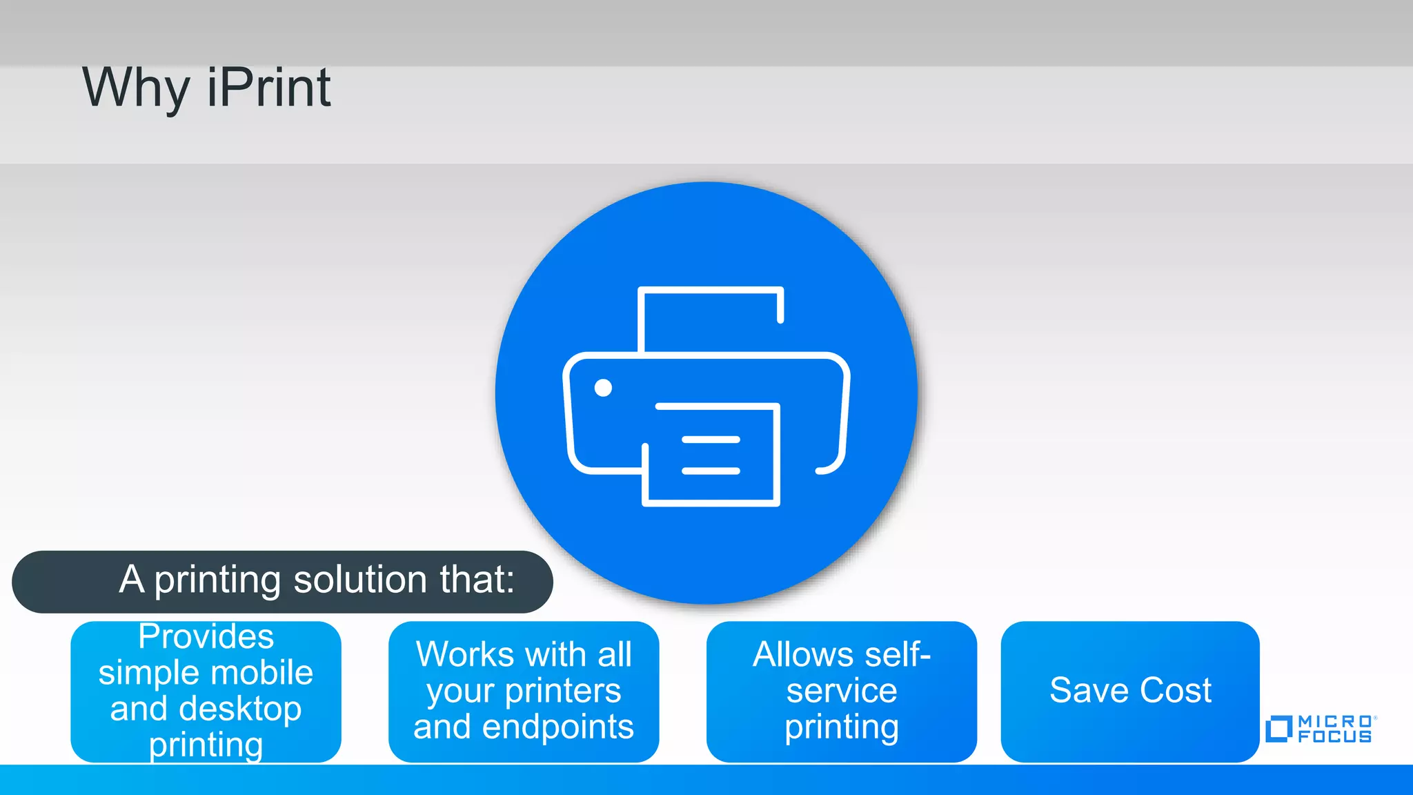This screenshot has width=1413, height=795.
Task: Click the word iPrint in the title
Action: click(269, 88)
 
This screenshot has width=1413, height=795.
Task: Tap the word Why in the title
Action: click(136, 88)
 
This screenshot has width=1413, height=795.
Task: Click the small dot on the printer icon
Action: click(603, 388)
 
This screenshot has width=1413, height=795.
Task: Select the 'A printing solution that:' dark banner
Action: click(282, 581)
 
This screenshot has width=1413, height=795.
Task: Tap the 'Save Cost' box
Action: click(1129, 691)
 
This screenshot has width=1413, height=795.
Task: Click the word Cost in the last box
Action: click(1176, 691)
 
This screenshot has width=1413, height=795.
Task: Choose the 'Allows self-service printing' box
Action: click(841, 691)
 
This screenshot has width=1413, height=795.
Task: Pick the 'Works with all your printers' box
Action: click(523, 691)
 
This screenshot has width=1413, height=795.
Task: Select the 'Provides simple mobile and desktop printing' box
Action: click(206, 691)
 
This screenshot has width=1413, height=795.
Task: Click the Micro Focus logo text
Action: click(1335, 729)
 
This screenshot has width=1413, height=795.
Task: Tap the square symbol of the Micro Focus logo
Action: click(1278, 729)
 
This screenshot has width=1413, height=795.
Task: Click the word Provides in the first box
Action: click(206, 636)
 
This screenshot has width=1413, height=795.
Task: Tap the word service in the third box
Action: click(842, 691)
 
